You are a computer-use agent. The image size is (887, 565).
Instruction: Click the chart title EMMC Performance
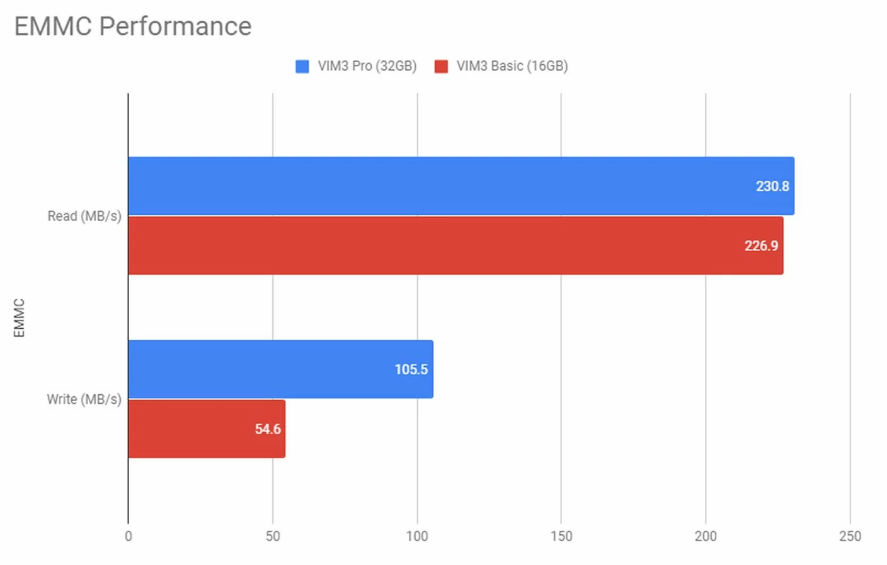pos(133,26)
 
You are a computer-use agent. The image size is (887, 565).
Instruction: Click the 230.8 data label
pos(772,186)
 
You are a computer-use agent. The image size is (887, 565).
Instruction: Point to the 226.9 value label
pos(761,246)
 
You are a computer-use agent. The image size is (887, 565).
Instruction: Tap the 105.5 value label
pos(411,370)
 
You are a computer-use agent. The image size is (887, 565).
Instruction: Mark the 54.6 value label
pos(268,429)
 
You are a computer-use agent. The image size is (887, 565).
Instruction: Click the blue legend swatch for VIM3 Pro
pos(302,66)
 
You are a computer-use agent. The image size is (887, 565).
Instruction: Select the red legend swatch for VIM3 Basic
pos(441,66)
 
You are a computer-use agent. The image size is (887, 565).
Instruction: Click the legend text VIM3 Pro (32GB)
pos(367,66)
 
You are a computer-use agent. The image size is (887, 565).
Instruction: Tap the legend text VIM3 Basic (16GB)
pos(512,66)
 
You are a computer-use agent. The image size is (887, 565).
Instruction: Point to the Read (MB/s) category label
pos(84,216)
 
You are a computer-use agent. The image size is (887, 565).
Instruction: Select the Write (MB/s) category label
pos(84,399)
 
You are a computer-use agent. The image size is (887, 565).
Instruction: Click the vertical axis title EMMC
pos(19,318)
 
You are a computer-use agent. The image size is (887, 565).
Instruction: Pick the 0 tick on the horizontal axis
pos(129,536)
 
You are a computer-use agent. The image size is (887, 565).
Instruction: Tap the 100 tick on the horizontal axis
pos(417,536)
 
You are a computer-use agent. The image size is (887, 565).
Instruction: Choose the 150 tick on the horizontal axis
pos(561,536)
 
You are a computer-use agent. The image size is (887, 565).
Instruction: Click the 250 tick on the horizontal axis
pos(850,536)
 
